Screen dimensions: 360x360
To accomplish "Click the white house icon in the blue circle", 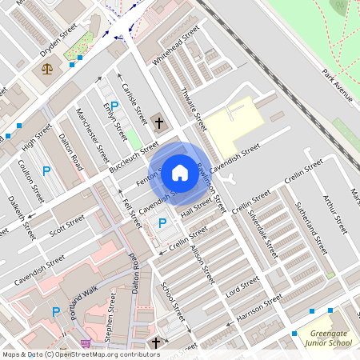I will pyautogui.click(x=180, y=171).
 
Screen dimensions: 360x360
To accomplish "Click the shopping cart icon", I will pyautogui.click(x=86, y=343).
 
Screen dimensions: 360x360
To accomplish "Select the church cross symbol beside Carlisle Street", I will pyautogui.click(x=159, y=123).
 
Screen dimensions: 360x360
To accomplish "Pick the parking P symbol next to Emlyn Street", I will pyautogui.click(x=114, y=106).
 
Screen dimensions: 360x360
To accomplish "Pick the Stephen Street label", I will pyautogui.click(x=113, y=315).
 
